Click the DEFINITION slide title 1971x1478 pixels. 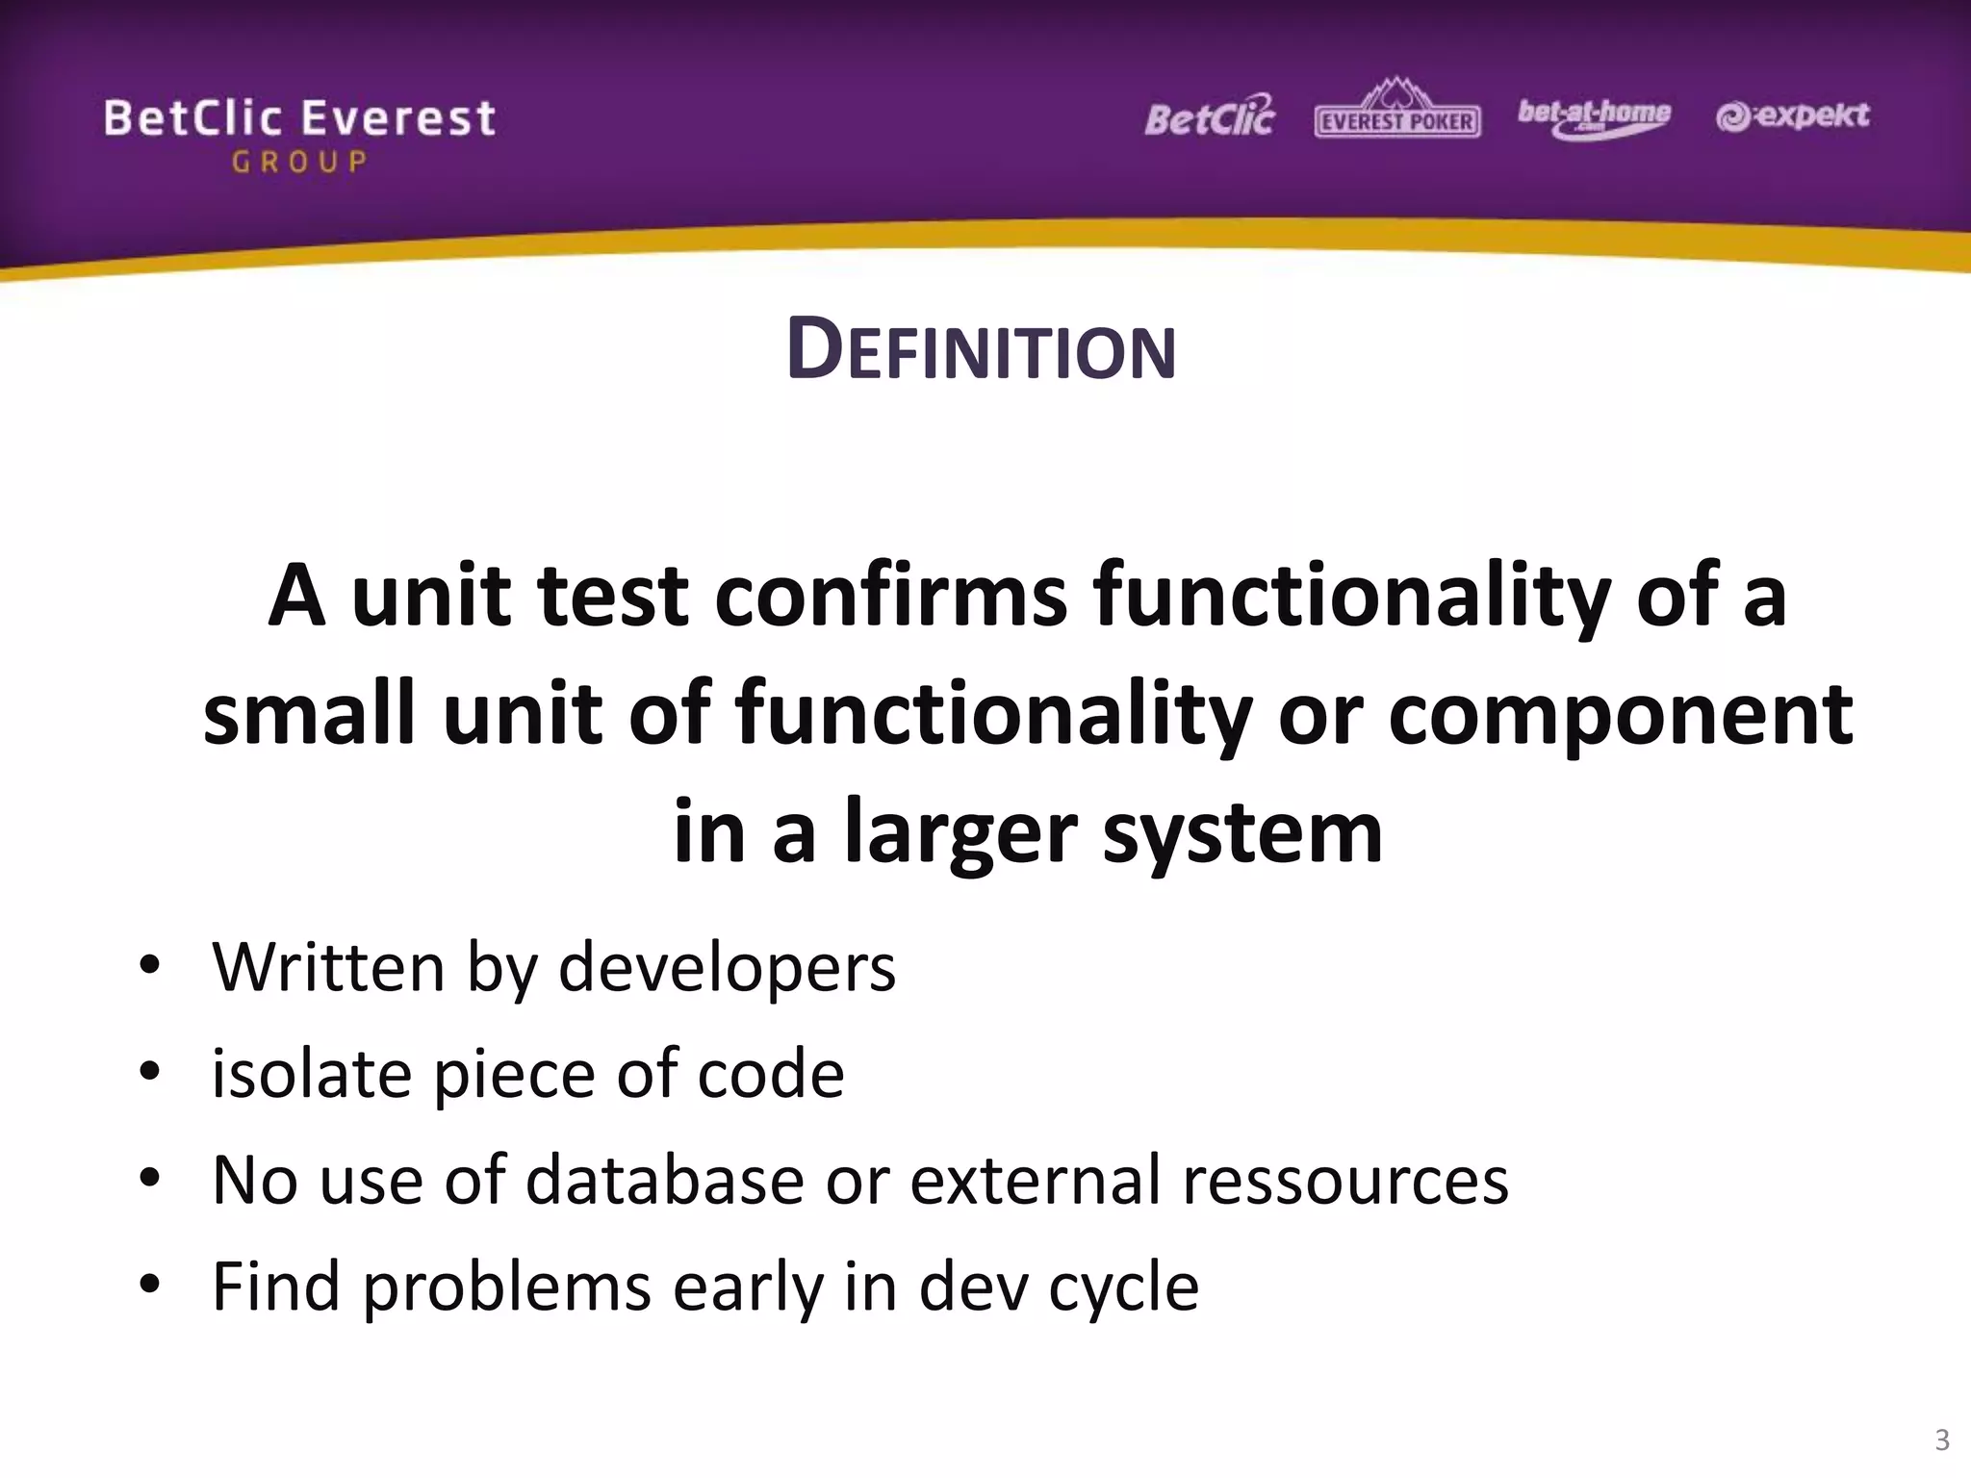tap(981, 350)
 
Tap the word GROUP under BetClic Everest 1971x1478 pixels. tap(299, 162)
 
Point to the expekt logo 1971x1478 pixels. tap(1792, 116)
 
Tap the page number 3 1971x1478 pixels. tap(1941, 1440)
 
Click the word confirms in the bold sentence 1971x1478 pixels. tap(890, 596)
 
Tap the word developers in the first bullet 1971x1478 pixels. tap(727, 968)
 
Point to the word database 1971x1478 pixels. tap(664, 1181)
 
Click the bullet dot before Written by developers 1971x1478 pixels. tap(149, 964)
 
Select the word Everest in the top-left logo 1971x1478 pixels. tap(398, 119)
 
